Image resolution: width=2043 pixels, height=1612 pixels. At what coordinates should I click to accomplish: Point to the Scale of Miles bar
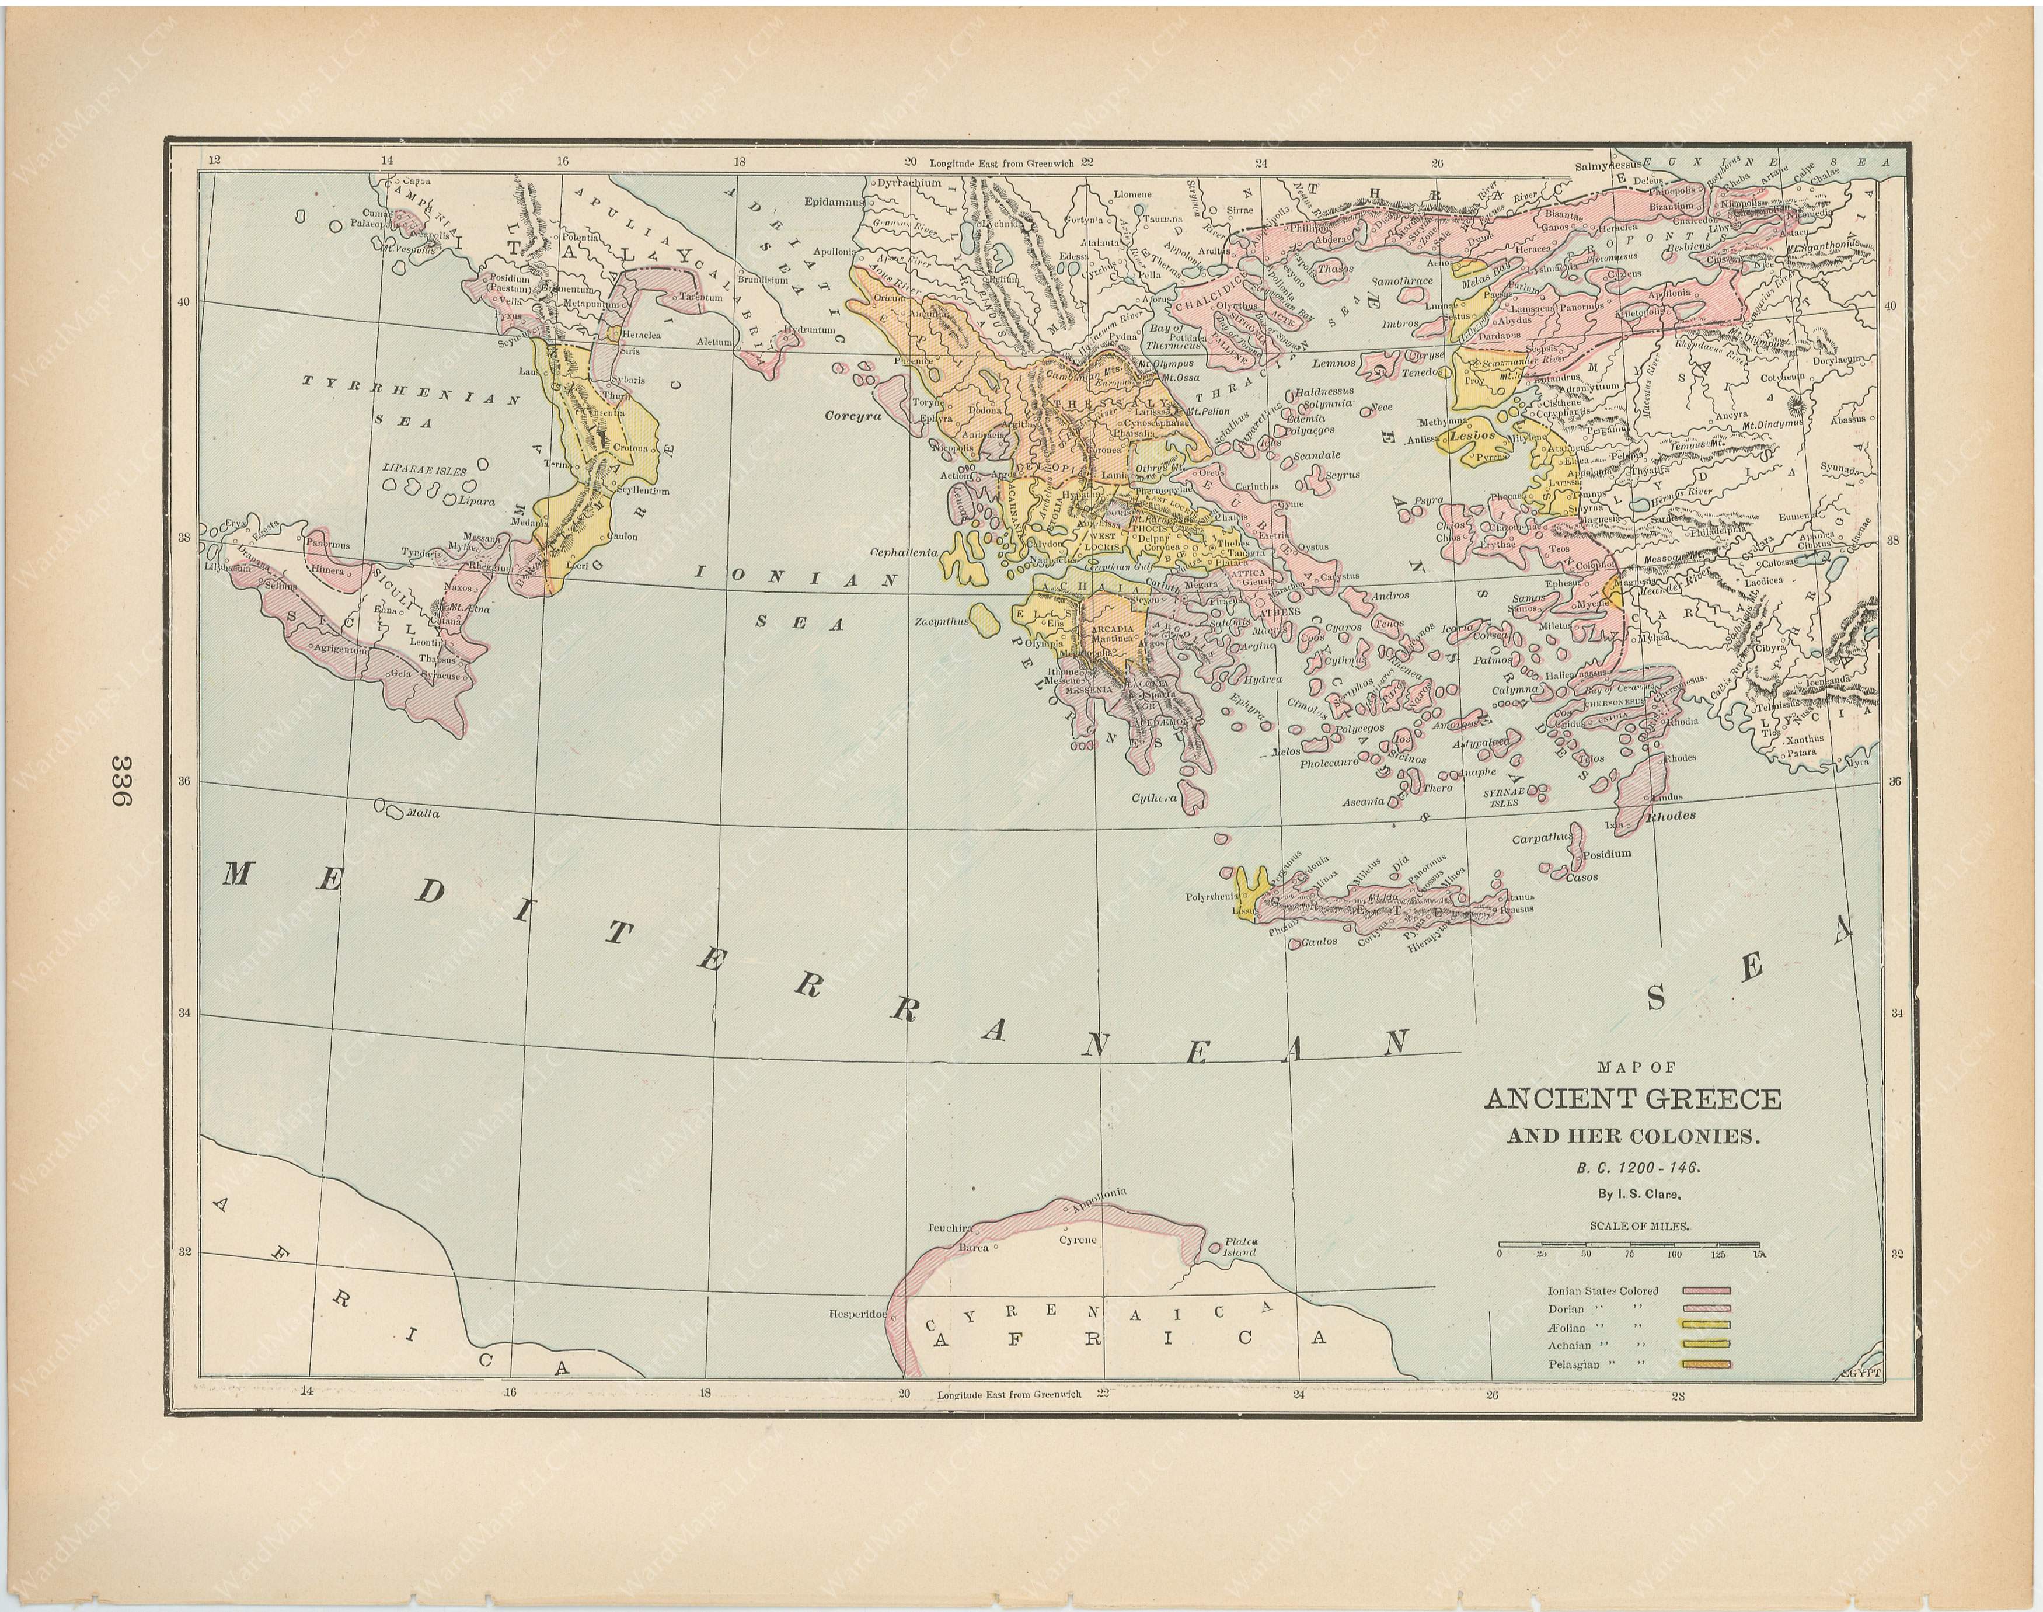(1630, 1245)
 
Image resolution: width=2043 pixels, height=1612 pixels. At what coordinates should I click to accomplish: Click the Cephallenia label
(904, 552)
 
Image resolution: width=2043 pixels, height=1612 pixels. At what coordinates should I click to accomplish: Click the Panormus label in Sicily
(326, 545)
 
